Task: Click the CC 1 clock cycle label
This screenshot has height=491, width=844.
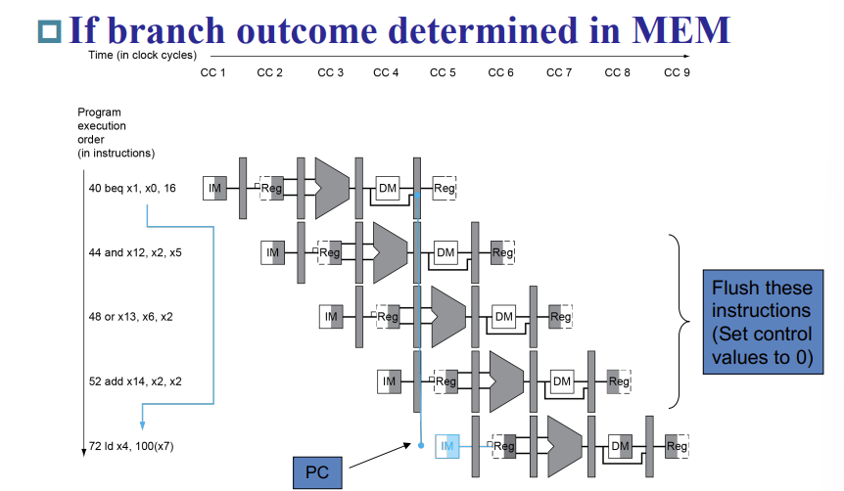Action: point(212,73)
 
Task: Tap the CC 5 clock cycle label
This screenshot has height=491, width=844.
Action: point(444,73)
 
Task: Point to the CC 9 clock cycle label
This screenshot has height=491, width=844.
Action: point(677,73)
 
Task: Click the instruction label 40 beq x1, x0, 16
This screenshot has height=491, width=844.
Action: point(132,188)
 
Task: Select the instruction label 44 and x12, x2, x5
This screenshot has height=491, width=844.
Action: point(135,252)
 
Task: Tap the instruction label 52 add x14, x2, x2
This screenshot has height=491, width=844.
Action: point(135,381)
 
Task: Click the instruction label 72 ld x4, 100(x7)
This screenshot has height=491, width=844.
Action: point(134,447)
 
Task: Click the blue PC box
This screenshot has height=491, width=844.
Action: point(317,471)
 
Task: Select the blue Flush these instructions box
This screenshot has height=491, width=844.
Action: point(762,322)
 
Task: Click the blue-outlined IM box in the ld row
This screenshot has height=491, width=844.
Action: point(447,446)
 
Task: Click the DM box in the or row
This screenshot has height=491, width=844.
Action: point(503,317)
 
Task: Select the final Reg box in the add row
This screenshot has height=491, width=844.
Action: point(618,381)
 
